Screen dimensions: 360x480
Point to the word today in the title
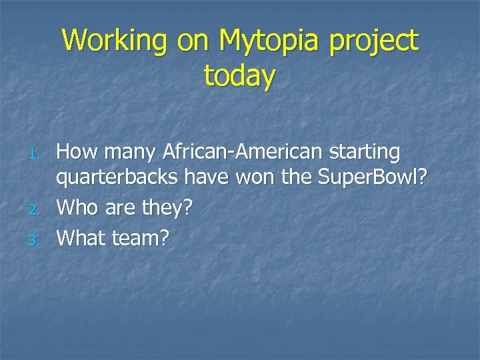click(x=239, y=77)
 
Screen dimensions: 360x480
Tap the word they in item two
click(x=161, y=209)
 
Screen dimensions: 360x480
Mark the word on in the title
click(x=195, y=41)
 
